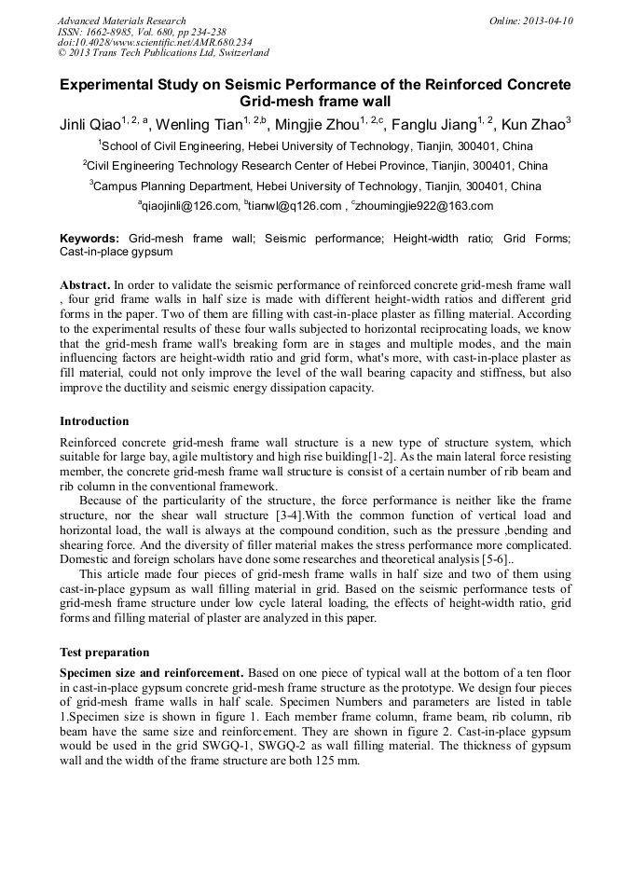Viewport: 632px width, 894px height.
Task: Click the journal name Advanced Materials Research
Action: point(121,21)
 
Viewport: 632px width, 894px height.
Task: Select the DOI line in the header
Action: point(155,43)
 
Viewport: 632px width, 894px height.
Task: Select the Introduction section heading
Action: point(94,421)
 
